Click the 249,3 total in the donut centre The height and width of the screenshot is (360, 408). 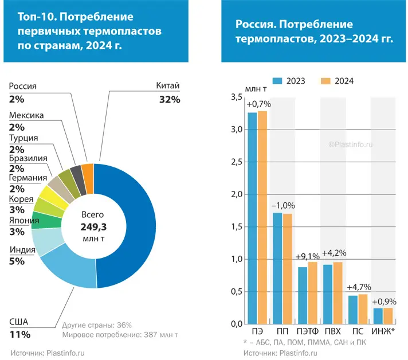coord(93,227)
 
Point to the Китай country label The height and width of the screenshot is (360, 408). coord(168,86)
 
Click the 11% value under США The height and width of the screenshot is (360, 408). coord(19,334)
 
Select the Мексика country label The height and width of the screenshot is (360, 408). coord(26,115)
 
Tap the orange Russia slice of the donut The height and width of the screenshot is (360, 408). coord(88,171)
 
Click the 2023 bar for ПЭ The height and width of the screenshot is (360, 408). coord(252,218)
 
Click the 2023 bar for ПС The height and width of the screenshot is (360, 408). coord(353,310)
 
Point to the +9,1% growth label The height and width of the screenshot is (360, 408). coord(308,257)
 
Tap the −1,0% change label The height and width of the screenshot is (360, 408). coord(283,206)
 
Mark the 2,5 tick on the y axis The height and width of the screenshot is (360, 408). coord(236,162)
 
